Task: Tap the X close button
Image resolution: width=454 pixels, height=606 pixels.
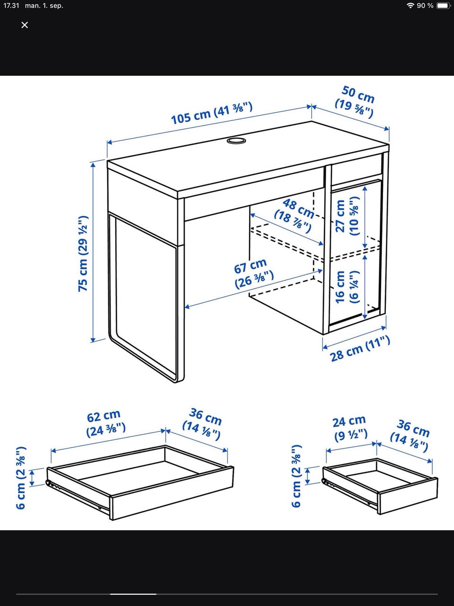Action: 25,25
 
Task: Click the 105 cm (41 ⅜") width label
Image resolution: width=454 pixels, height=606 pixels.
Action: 212,113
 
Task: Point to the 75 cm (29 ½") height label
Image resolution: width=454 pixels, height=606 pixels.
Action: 83,253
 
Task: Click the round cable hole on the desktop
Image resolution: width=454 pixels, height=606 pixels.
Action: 236,141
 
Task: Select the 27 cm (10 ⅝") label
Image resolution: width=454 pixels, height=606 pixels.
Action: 348,216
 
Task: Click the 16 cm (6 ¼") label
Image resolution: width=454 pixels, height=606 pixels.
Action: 347,286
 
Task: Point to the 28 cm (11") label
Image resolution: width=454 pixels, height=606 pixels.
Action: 360,349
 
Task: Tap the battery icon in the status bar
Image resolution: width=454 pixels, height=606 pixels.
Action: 443,6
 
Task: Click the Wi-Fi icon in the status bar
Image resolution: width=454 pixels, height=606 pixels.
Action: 410,6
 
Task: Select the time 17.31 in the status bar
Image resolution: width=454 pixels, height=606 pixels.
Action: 11,6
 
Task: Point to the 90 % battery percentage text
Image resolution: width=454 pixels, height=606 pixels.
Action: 425,6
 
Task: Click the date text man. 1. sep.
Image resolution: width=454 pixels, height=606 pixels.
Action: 44,6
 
